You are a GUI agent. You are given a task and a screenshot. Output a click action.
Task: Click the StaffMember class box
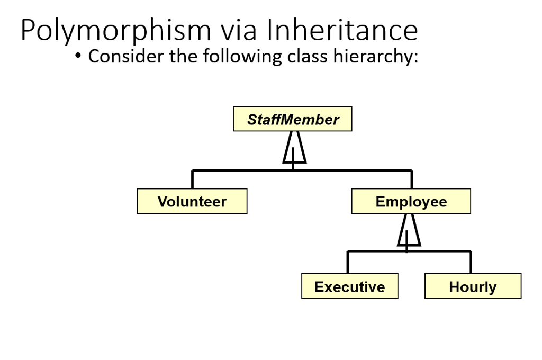point(292,120)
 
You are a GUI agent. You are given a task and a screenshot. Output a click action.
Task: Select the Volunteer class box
point(192,202)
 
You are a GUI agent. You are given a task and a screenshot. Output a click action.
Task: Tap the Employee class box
point(411,202)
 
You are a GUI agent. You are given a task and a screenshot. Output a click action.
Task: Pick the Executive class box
point(349,287)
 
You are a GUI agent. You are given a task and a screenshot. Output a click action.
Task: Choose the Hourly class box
point(473,287)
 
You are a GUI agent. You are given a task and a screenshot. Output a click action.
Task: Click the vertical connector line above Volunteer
point(192,180)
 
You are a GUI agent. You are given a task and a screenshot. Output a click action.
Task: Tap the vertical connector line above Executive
point(348,262)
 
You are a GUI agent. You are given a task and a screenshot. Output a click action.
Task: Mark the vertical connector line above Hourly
point(471,262)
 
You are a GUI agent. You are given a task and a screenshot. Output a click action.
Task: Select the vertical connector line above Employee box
point(411,180)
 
